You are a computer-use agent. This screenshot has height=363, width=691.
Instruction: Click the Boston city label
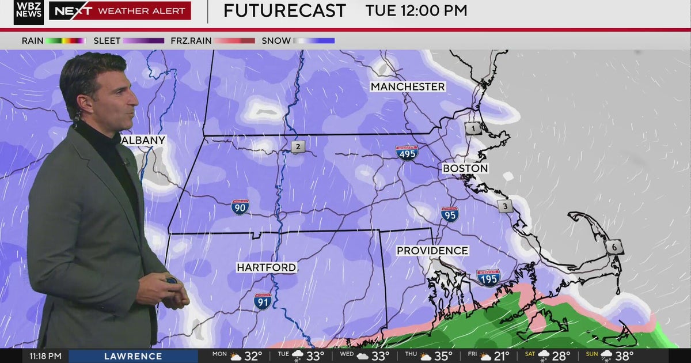(465, 169)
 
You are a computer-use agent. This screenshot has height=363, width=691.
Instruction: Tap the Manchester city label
(408, 87)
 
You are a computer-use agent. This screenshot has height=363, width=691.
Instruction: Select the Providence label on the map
(432, 251)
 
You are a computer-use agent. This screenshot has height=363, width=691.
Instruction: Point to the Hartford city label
(267, 268)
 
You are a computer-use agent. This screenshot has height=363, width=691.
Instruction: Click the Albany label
(144, 140)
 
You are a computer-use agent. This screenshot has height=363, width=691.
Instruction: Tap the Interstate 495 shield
(407, 153)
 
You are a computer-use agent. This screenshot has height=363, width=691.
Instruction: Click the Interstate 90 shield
(240, 207)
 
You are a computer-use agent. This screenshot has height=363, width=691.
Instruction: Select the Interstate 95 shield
(450, 214)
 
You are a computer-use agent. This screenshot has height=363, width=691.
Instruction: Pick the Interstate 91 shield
(263, 301)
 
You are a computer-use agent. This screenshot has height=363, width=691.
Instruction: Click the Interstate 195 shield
(488, 278)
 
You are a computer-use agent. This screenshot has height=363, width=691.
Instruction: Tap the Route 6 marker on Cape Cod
(614, 247)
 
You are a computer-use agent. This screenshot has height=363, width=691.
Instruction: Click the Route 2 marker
(298, 147)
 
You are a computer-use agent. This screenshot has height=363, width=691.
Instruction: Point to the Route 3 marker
(505, 206)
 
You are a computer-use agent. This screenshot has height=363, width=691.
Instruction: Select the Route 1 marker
(473, 129)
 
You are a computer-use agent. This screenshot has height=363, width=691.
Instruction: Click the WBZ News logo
(29, 12)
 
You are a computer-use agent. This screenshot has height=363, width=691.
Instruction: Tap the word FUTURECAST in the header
(284, 10)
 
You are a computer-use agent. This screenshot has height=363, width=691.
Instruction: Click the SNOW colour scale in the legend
(314, 41)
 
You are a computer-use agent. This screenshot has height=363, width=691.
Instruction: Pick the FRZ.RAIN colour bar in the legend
(235, 41)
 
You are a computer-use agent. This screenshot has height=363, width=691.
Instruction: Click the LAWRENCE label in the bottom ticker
(133, 356)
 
